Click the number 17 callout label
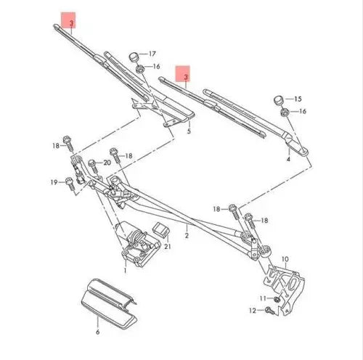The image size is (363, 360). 152,54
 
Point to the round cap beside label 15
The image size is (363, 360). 279,99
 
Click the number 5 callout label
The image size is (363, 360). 188,132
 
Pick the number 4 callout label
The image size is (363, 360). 288,157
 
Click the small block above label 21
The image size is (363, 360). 163,231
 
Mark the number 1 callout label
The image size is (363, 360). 125,270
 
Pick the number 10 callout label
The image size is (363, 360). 285,258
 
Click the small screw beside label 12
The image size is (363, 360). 269,311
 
